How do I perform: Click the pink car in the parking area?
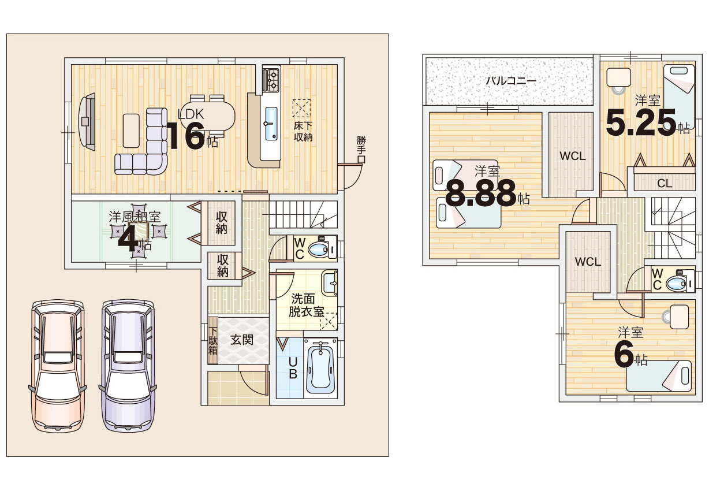tap(58, 366)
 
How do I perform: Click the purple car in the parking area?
tap(128, 366)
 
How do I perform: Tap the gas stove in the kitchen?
tap(271, 79)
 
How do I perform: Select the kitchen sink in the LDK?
tap(271, 124)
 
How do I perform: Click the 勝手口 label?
tap(361, 150)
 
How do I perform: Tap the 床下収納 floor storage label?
tap(303, 132)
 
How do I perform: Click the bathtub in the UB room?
tap(320, 367)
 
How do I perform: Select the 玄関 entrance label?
tap(242, 340)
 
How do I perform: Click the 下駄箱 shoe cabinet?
tap(212, 341)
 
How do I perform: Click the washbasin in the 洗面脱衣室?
tap(330, 282)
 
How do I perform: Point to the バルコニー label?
tap(511, 81)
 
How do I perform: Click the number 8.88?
tap(481, 193)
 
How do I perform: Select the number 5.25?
tap(641, 122)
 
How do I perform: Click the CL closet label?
tap(665, 183)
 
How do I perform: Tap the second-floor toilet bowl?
tap(676, 284)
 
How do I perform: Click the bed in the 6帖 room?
tap(658, 375)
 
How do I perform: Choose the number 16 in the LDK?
tap(186, 136)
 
